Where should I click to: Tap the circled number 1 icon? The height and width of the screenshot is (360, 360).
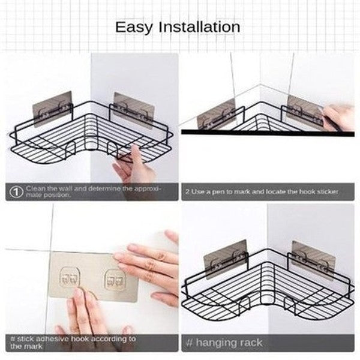(x=16, y=191)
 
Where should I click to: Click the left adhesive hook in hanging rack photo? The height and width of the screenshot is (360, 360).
(x=225, y=259)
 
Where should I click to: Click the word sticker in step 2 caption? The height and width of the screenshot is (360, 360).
(x=326, y=191)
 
